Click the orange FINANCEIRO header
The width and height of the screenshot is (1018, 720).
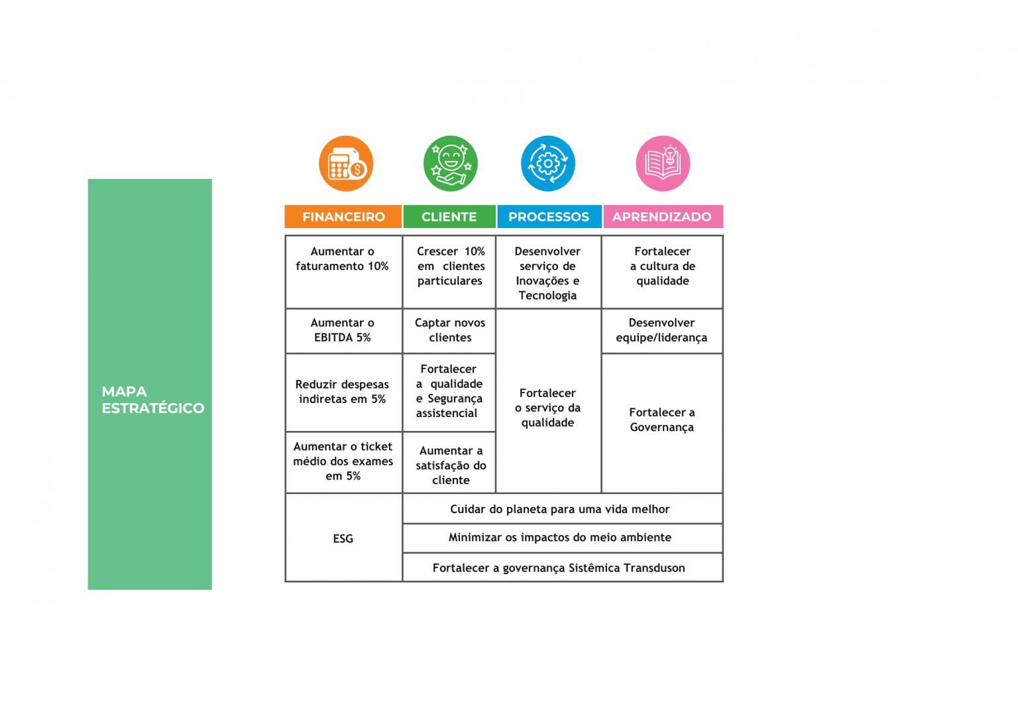coord(343,216)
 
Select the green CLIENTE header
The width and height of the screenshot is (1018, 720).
coord(449,216)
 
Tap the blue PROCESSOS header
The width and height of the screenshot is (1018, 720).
coord(549,216)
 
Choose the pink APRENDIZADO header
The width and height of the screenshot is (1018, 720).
coord(663,216)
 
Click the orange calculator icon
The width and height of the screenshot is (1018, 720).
coord(346,164)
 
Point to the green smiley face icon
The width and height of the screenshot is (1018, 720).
coord(451,164)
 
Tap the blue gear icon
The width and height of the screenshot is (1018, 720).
coord(548,164)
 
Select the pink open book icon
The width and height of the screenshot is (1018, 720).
coord(663,164)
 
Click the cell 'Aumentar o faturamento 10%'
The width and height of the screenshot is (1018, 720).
coord(343,272)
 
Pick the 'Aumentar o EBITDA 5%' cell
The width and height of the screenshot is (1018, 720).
coord(343,331)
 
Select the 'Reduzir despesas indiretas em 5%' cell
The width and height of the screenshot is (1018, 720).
coord(343,392)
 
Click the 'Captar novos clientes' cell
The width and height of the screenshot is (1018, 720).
coord(449,331)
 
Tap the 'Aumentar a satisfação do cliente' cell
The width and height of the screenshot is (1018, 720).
coord(449,462)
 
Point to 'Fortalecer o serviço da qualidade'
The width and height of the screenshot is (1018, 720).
coord(548,408)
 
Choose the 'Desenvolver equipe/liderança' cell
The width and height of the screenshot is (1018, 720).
coord(662,331)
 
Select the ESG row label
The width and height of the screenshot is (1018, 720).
coord(343,538)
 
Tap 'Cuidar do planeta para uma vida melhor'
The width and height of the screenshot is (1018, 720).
coord(560,509)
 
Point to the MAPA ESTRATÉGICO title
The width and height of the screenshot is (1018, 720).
coord(152,400)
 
